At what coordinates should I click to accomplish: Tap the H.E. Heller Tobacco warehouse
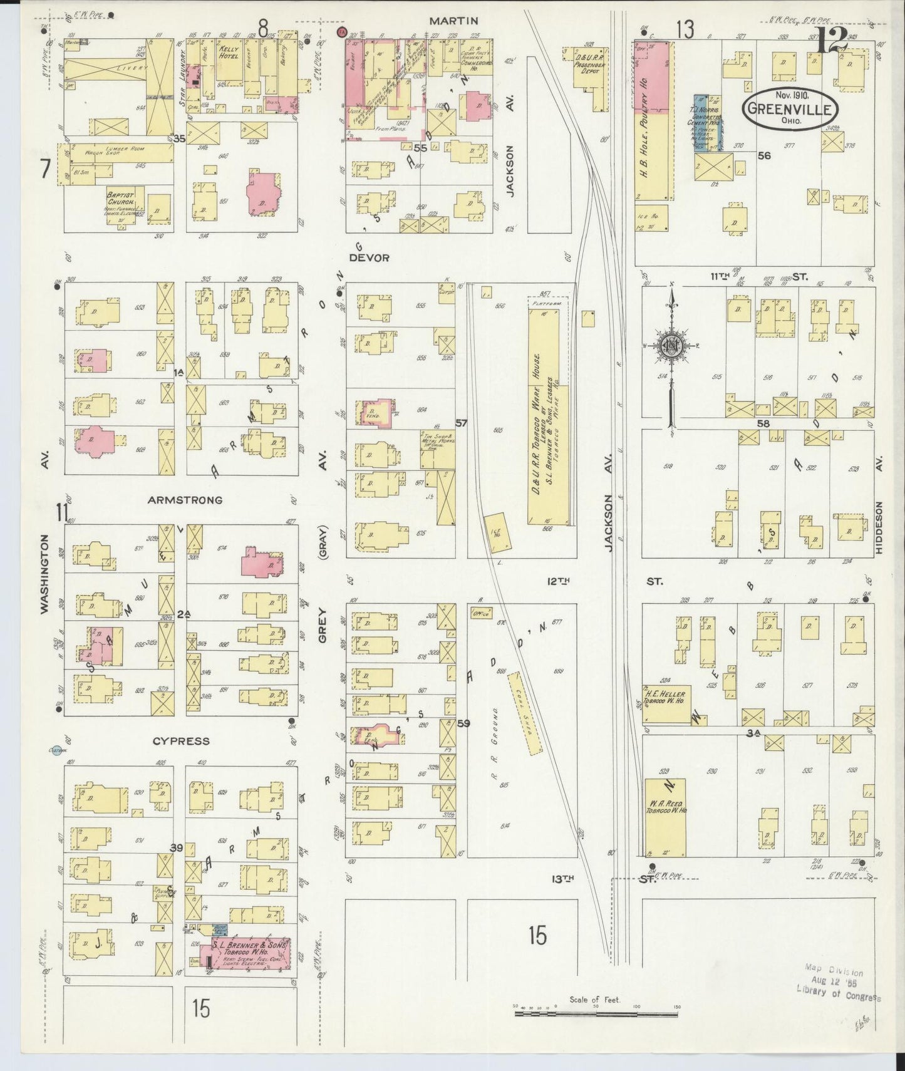pos(666,700)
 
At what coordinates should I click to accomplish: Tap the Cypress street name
pos(181,741)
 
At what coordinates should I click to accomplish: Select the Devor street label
pos(369,257)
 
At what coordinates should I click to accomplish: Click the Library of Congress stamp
pos(838,990)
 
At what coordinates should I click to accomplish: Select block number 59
pos(463,723)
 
